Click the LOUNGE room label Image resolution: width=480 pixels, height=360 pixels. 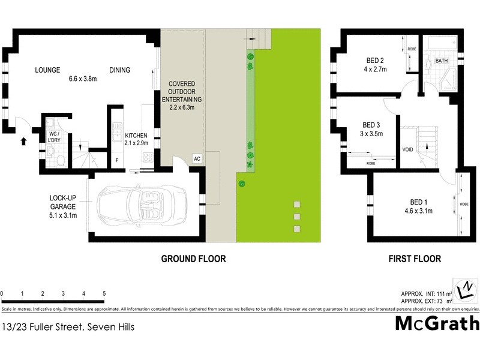pyautogui.click(x=47, y=70)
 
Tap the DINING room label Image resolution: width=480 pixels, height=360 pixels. pyautogui.click(x=119, y=70)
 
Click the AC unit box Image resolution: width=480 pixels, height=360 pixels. pyautogui.click(x=196, y=158)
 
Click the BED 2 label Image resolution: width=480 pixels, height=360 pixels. pyautogui.click(x=375, y=65)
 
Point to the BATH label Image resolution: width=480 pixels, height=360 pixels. pyautogui.click(x=442, y=61)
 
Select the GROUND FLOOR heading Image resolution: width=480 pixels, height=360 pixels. pyautogui.click(x=193, y=259)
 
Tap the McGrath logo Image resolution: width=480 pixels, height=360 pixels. pyautogui.click(x=437, y=323)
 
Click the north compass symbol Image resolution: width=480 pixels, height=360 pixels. pyautogui.click(x=466, y=290)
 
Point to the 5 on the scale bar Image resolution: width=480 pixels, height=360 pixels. pyautogui.click(x=104, y=293)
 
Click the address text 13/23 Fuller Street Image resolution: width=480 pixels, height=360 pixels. pyautogui.click(x=68, y=327)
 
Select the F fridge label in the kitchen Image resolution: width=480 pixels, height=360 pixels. pyautogui.click(x=116, y=160)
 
